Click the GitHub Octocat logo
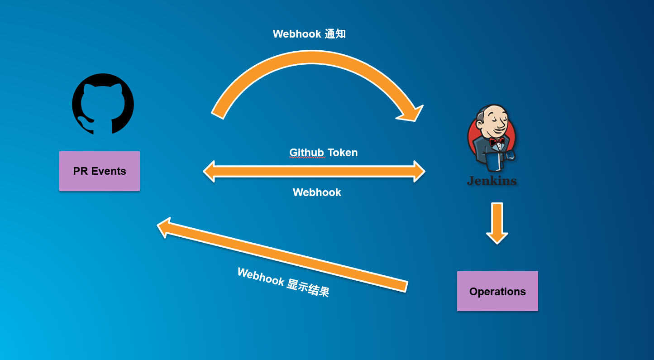click(103, 104)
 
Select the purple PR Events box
click(100, 171)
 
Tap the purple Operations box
click(497, 291)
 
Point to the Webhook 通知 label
click(309, 34)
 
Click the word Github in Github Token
click(306, 153)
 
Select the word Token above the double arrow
click(343, 153)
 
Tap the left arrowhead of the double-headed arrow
click(210, 171)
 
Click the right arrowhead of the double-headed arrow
click(419, 171)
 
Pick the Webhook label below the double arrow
click(317, 192)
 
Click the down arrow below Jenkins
click(497, 224)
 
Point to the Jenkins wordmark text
click(492, 181)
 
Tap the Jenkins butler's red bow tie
click(496, 141)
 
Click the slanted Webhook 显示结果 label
click(283, 282)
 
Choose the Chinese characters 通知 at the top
click(335, 34)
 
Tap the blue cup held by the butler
click(511, 155)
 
